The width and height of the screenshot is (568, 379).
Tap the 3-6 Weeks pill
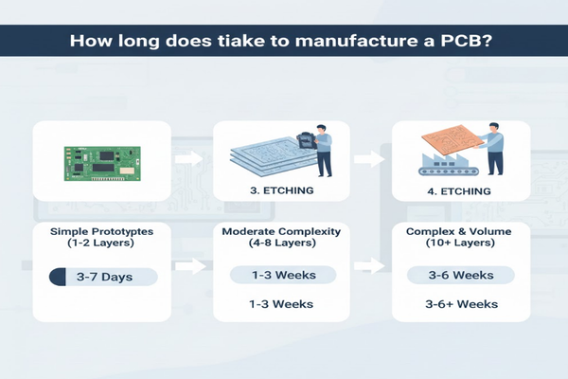(460, 274)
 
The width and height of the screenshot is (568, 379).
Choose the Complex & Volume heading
(460, 230)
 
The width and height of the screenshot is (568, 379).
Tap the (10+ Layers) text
(460, 244)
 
